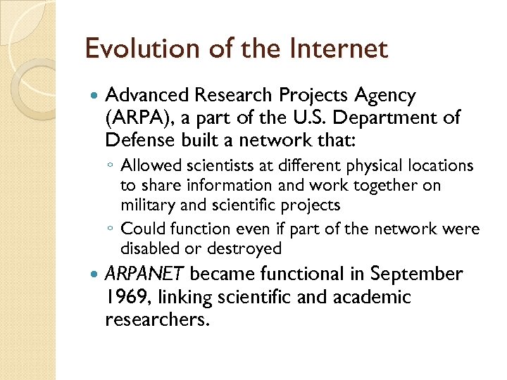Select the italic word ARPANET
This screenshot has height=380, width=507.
pyautogui.click(x=145, y=274)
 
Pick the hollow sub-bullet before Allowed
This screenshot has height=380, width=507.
pyautogui.click(x=111, y=167)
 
